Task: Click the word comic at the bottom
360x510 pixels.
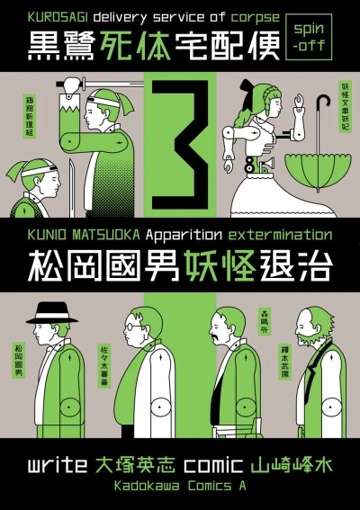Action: click(208, 467)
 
